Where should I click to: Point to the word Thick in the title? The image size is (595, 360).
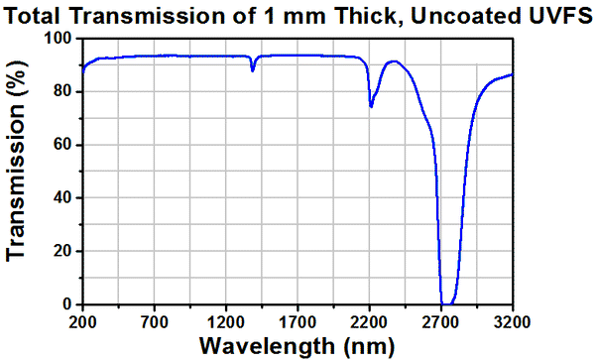coord(363,13)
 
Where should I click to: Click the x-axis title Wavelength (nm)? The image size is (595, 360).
coord(297,346)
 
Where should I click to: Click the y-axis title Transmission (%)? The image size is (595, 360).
coord(16,171)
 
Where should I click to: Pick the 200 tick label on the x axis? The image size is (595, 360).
coord(83,321)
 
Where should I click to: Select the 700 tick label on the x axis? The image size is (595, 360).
coord(155,321)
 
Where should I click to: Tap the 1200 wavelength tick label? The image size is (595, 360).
coord(226,321)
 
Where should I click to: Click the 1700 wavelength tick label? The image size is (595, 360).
coord(297,321)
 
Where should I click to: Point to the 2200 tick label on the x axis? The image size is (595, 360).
coord(369,321)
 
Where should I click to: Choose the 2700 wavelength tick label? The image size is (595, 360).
coord(440,321)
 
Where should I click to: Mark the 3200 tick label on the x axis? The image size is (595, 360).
coord(512,321)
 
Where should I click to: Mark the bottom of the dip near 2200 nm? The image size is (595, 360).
coord(371,106)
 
